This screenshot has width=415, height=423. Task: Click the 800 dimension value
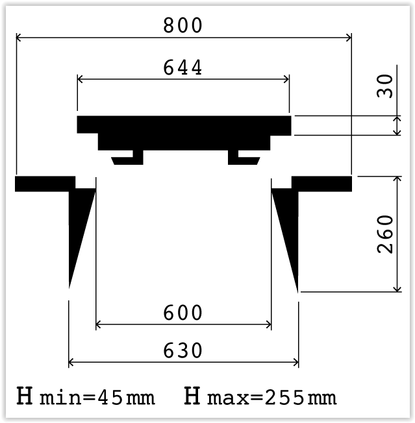click(182, 25)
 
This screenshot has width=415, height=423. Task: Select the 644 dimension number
click(182, 67)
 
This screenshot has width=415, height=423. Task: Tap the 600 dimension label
click(182, 313)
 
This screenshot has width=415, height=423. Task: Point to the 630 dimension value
click(182, 350)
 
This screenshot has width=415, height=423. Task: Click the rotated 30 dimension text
click(384, 86)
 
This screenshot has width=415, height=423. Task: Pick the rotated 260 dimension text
click(384, 234)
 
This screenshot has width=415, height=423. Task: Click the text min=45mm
click(97, 398)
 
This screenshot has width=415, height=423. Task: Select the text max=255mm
click(272, 398)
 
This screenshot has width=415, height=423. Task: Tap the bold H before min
click(25, 396)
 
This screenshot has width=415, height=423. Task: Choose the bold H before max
click(192, 396)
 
